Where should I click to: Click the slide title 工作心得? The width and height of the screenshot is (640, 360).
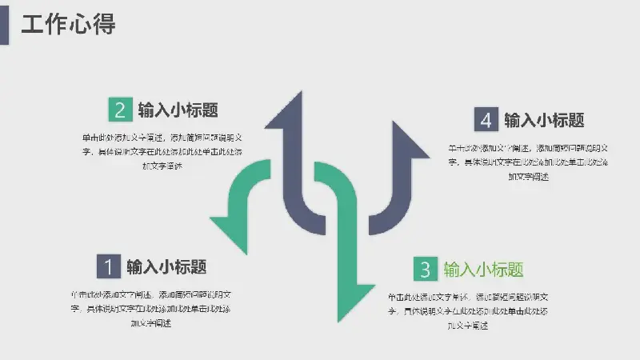[x=68, y=24]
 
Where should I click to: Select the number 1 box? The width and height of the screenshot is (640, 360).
[x=109, y=266]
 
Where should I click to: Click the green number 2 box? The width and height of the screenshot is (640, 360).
[x=120, y=110]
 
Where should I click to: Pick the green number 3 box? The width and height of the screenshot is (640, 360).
[x=426, y=269]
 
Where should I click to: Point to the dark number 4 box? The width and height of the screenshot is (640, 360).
[x=486, y=120]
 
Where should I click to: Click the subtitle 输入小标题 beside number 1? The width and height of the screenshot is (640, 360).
[x=167, y=266]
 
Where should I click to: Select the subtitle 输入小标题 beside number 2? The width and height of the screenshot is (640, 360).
[x=178, y=110]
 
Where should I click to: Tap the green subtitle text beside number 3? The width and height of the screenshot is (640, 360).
[x=484, y=269]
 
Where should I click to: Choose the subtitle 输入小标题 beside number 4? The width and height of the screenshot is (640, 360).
[x=544, y=120]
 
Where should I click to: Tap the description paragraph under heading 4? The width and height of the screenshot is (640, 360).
[x=529, y=162]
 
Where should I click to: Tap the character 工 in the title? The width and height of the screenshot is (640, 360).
[x=32, y=24]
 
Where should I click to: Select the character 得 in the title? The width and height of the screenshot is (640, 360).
[x=105, y=24]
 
